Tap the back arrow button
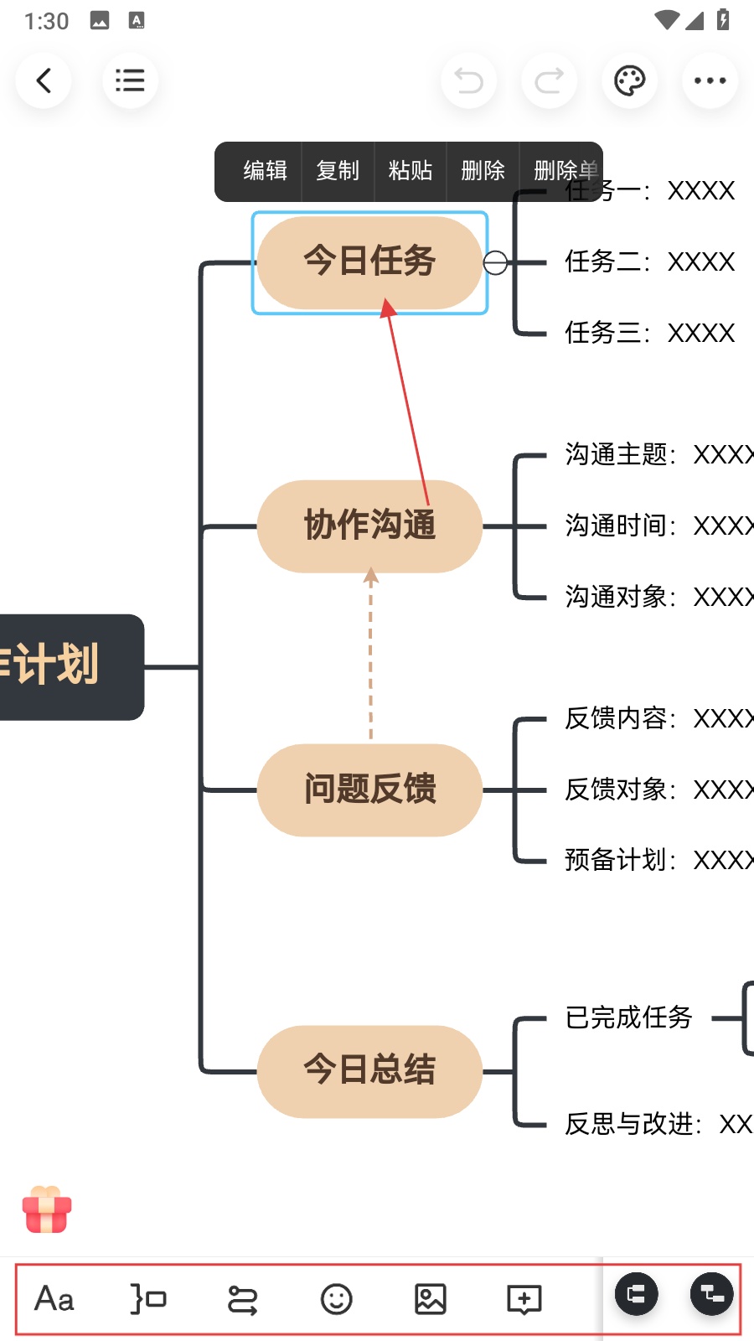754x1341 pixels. pyautogui.click(x=44, y=81)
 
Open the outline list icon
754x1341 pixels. pyautogui.click(x=130, y=81)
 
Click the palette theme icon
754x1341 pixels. pyautogui.click(x=629, y=81)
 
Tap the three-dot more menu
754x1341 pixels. pyautogui.click(x=710, y=81)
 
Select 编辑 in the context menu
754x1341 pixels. pyautogui.click(x=265, y=171)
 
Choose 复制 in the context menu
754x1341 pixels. pyautogui.click(x=338, y=171)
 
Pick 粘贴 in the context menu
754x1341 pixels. pyautogui.click(x=411, y=171)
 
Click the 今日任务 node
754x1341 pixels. pyautogui.click(x=369, y=261)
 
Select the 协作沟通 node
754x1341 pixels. pyautogui.click(x=369, y=526)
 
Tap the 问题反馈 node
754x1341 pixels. pyautogui.click(x=369, y=790)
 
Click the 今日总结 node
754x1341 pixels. pyautogui.click(x=369, y=1070)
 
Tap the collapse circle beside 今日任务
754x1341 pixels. pyautogui.click(x=495, y=263)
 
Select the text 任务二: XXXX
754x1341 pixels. pyautogui.click(x=649, y=262)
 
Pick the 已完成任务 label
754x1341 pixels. pyautogui.click(x=628, y=1017)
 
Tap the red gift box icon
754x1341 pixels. pyautogui.click(x=47, y=1209)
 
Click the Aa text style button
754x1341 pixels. pyautogui.click(x=54, y=1299)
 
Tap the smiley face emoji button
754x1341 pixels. pyautogui.click(x=336, y=1299)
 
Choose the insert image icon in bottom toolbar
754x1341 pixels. pyautogui.click(x=430, y=1299)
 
